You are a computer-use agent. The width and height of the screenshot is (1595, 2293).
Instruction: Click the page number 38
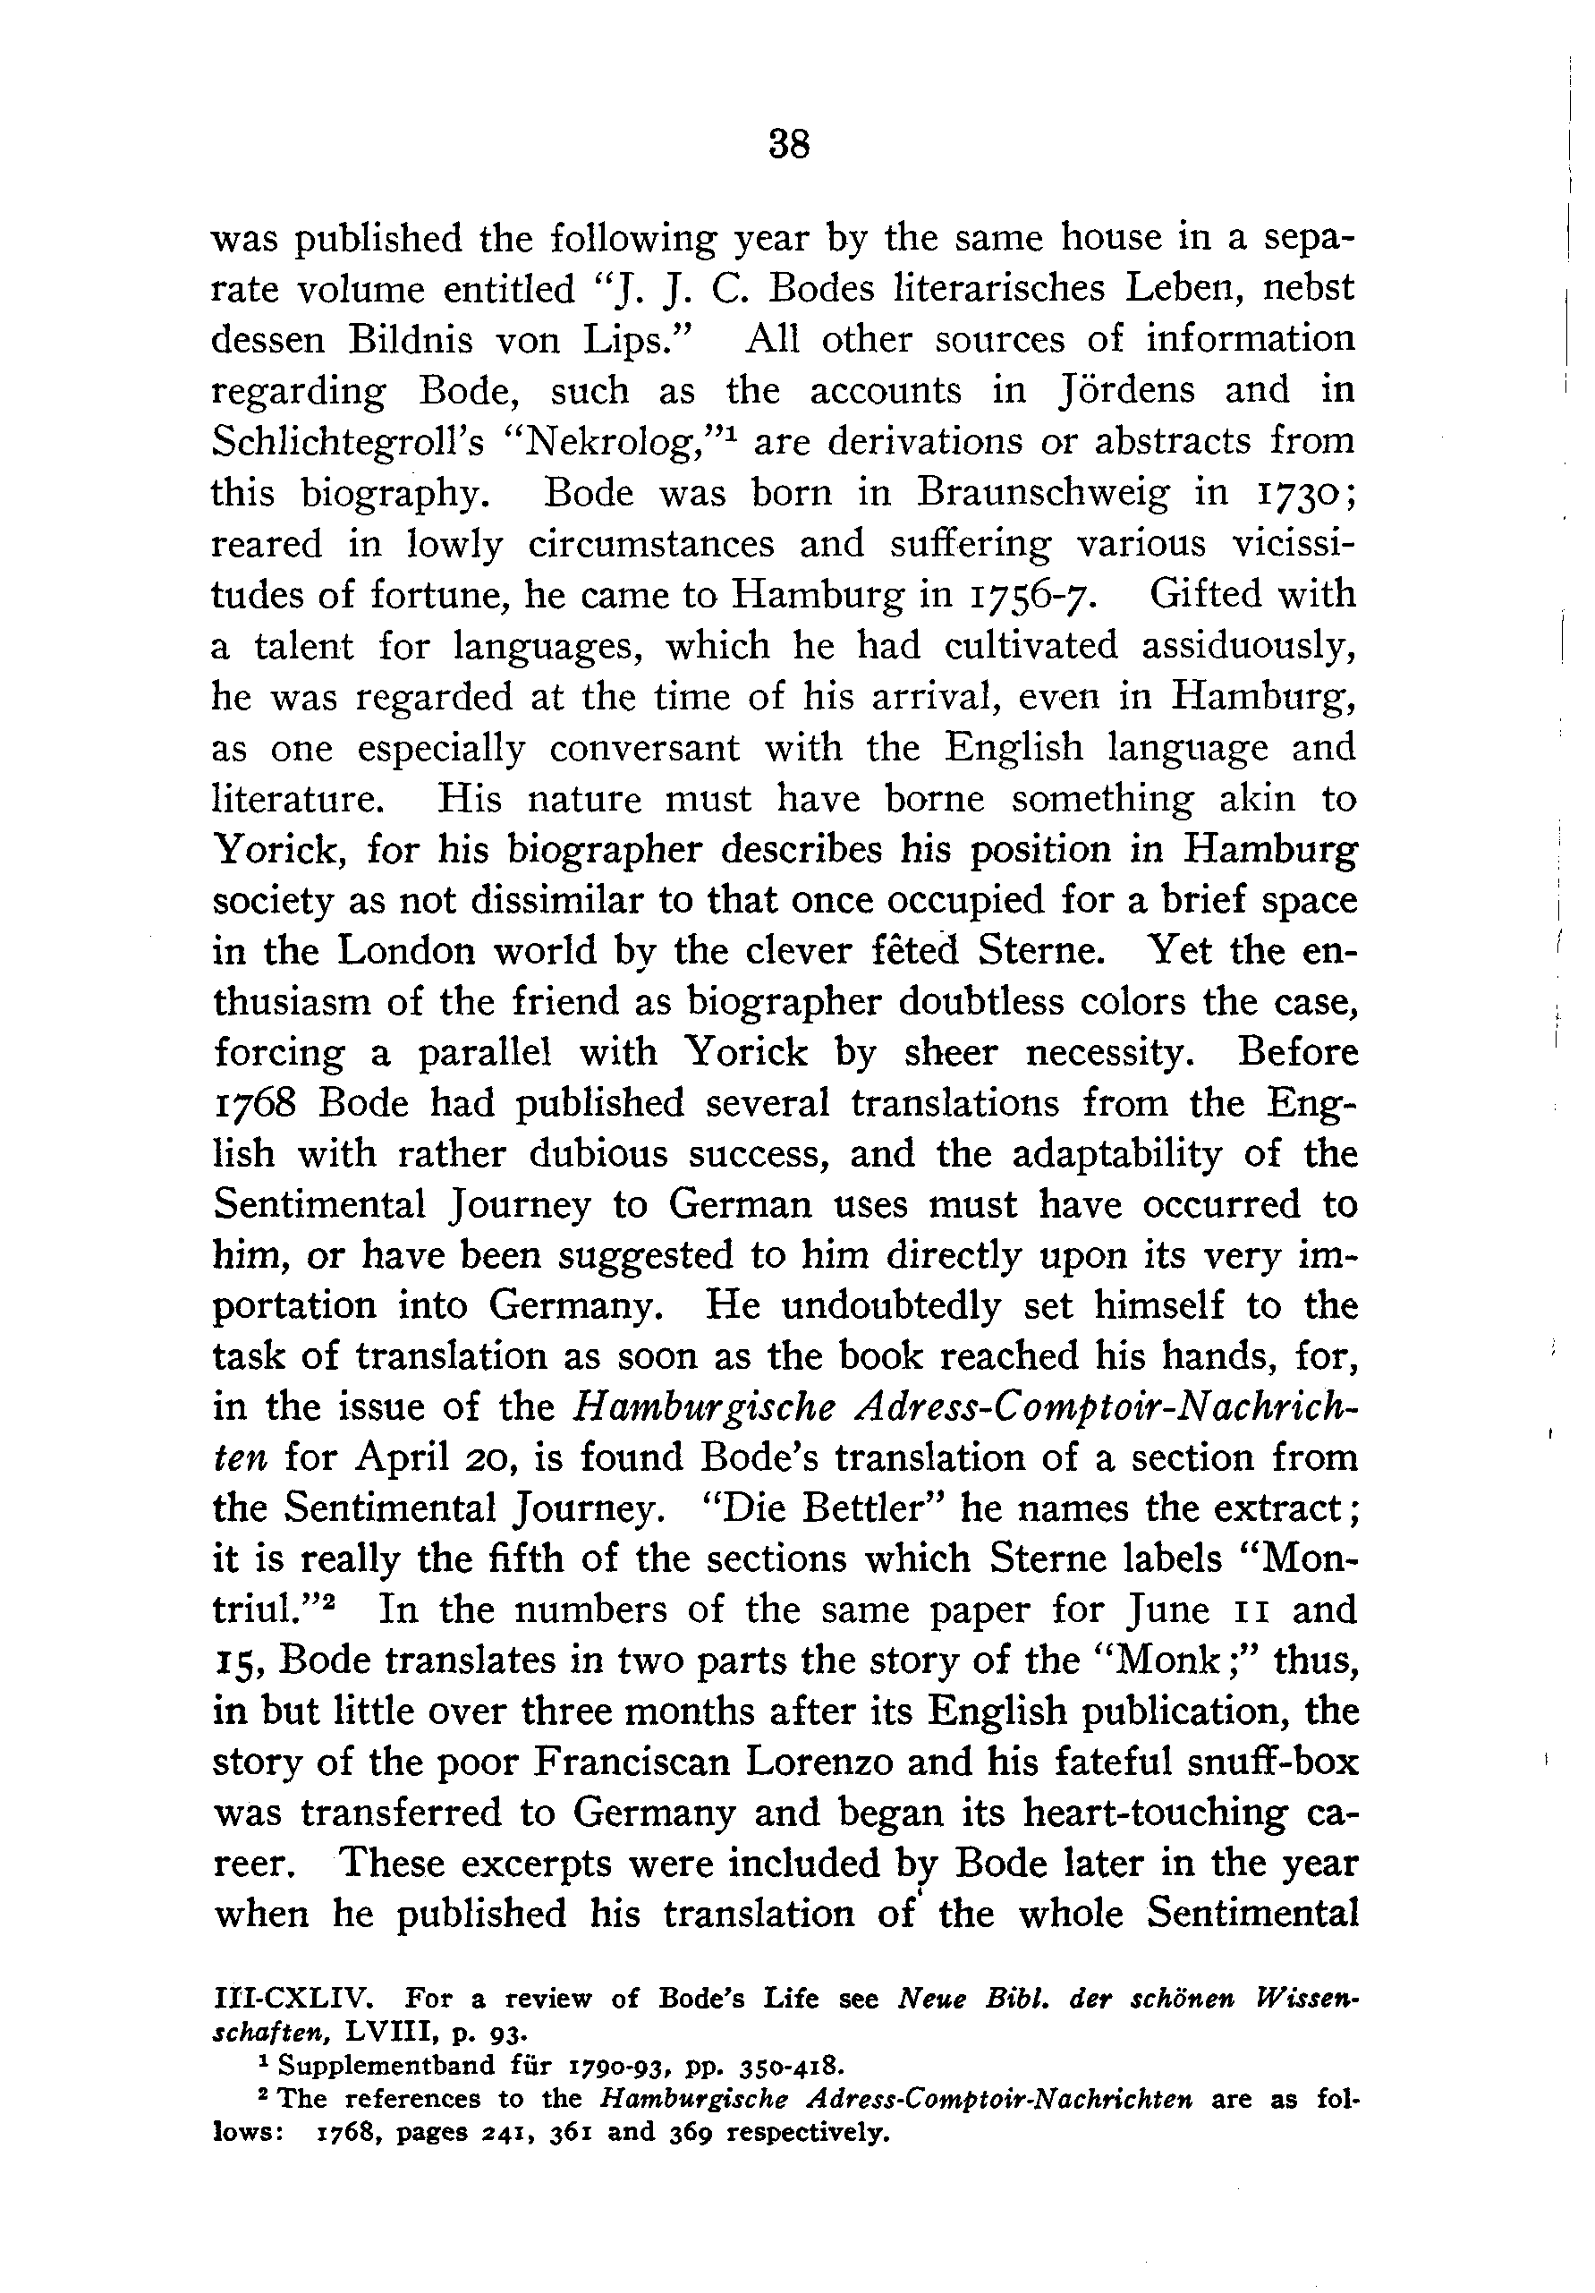coord(789,146)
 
